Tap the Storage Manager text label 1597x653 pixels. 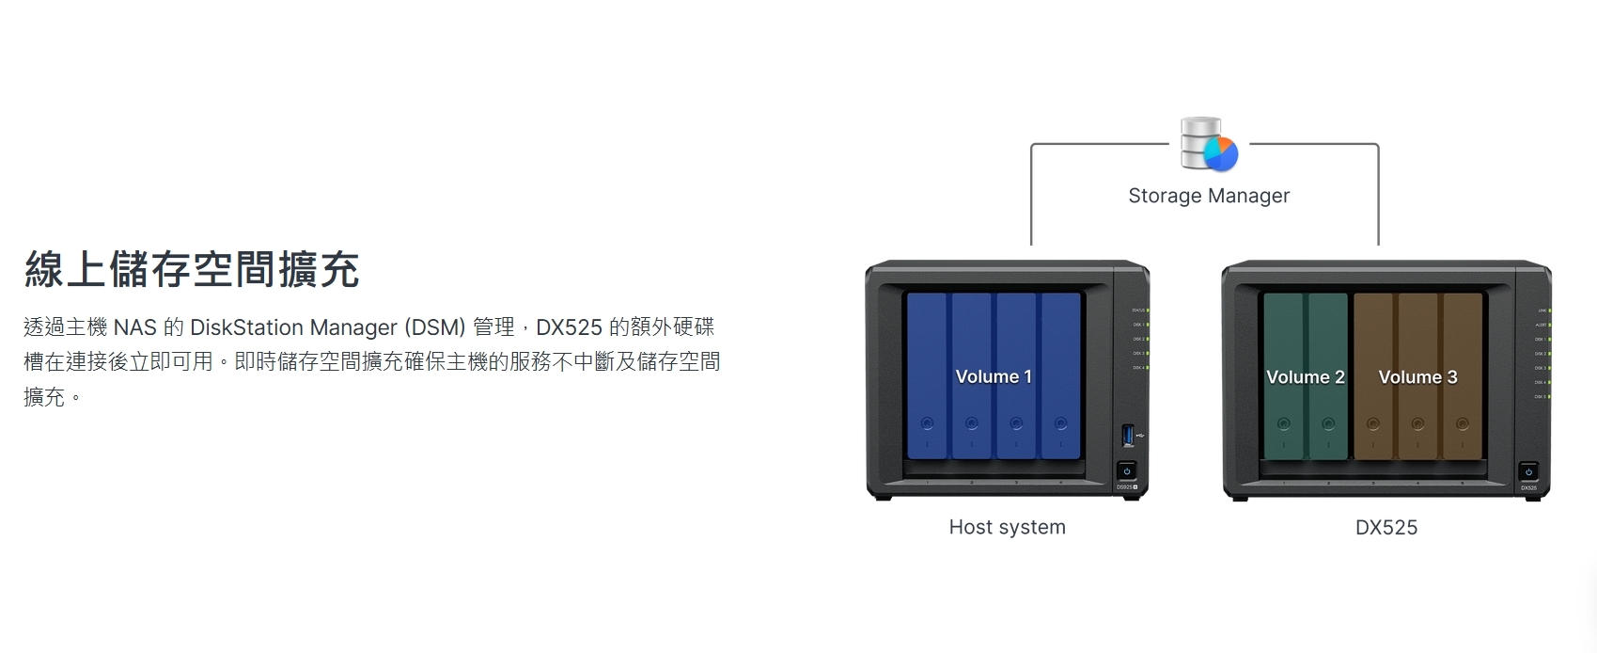pyautogui.click(x=1209, y=196)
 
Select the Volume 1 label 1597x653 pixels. pyautogui.click(x=994, y=376)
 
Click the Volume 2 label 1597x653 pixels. pyautogui.click(x=1305, y=377)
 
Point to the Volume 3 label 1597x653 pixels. pyautogui.click(x=1417, y=377)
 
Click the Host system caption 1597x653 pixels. pyautogui.click(x=1007, y=527)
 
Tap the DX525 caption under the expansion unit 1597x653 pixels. pyautogui.click(x=1386, y=528)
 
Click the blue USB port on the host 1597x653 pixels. pyautogui.click(x=1128, y=436)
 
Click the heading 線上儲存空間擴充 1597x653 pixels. pyautogui.click(x=192, y=269)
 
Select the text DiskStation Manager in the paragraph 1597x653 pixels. pyautogui.click(x=294, y=327)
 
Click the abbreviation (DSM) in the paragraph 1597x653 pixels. pyautogui.click(x=435, y=327)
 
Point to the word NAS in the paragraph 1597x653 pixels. pyautogui.click(x=134, y=327)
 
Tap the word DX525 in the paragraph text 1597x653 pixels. pyautogui.click(x=569, y=327)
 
